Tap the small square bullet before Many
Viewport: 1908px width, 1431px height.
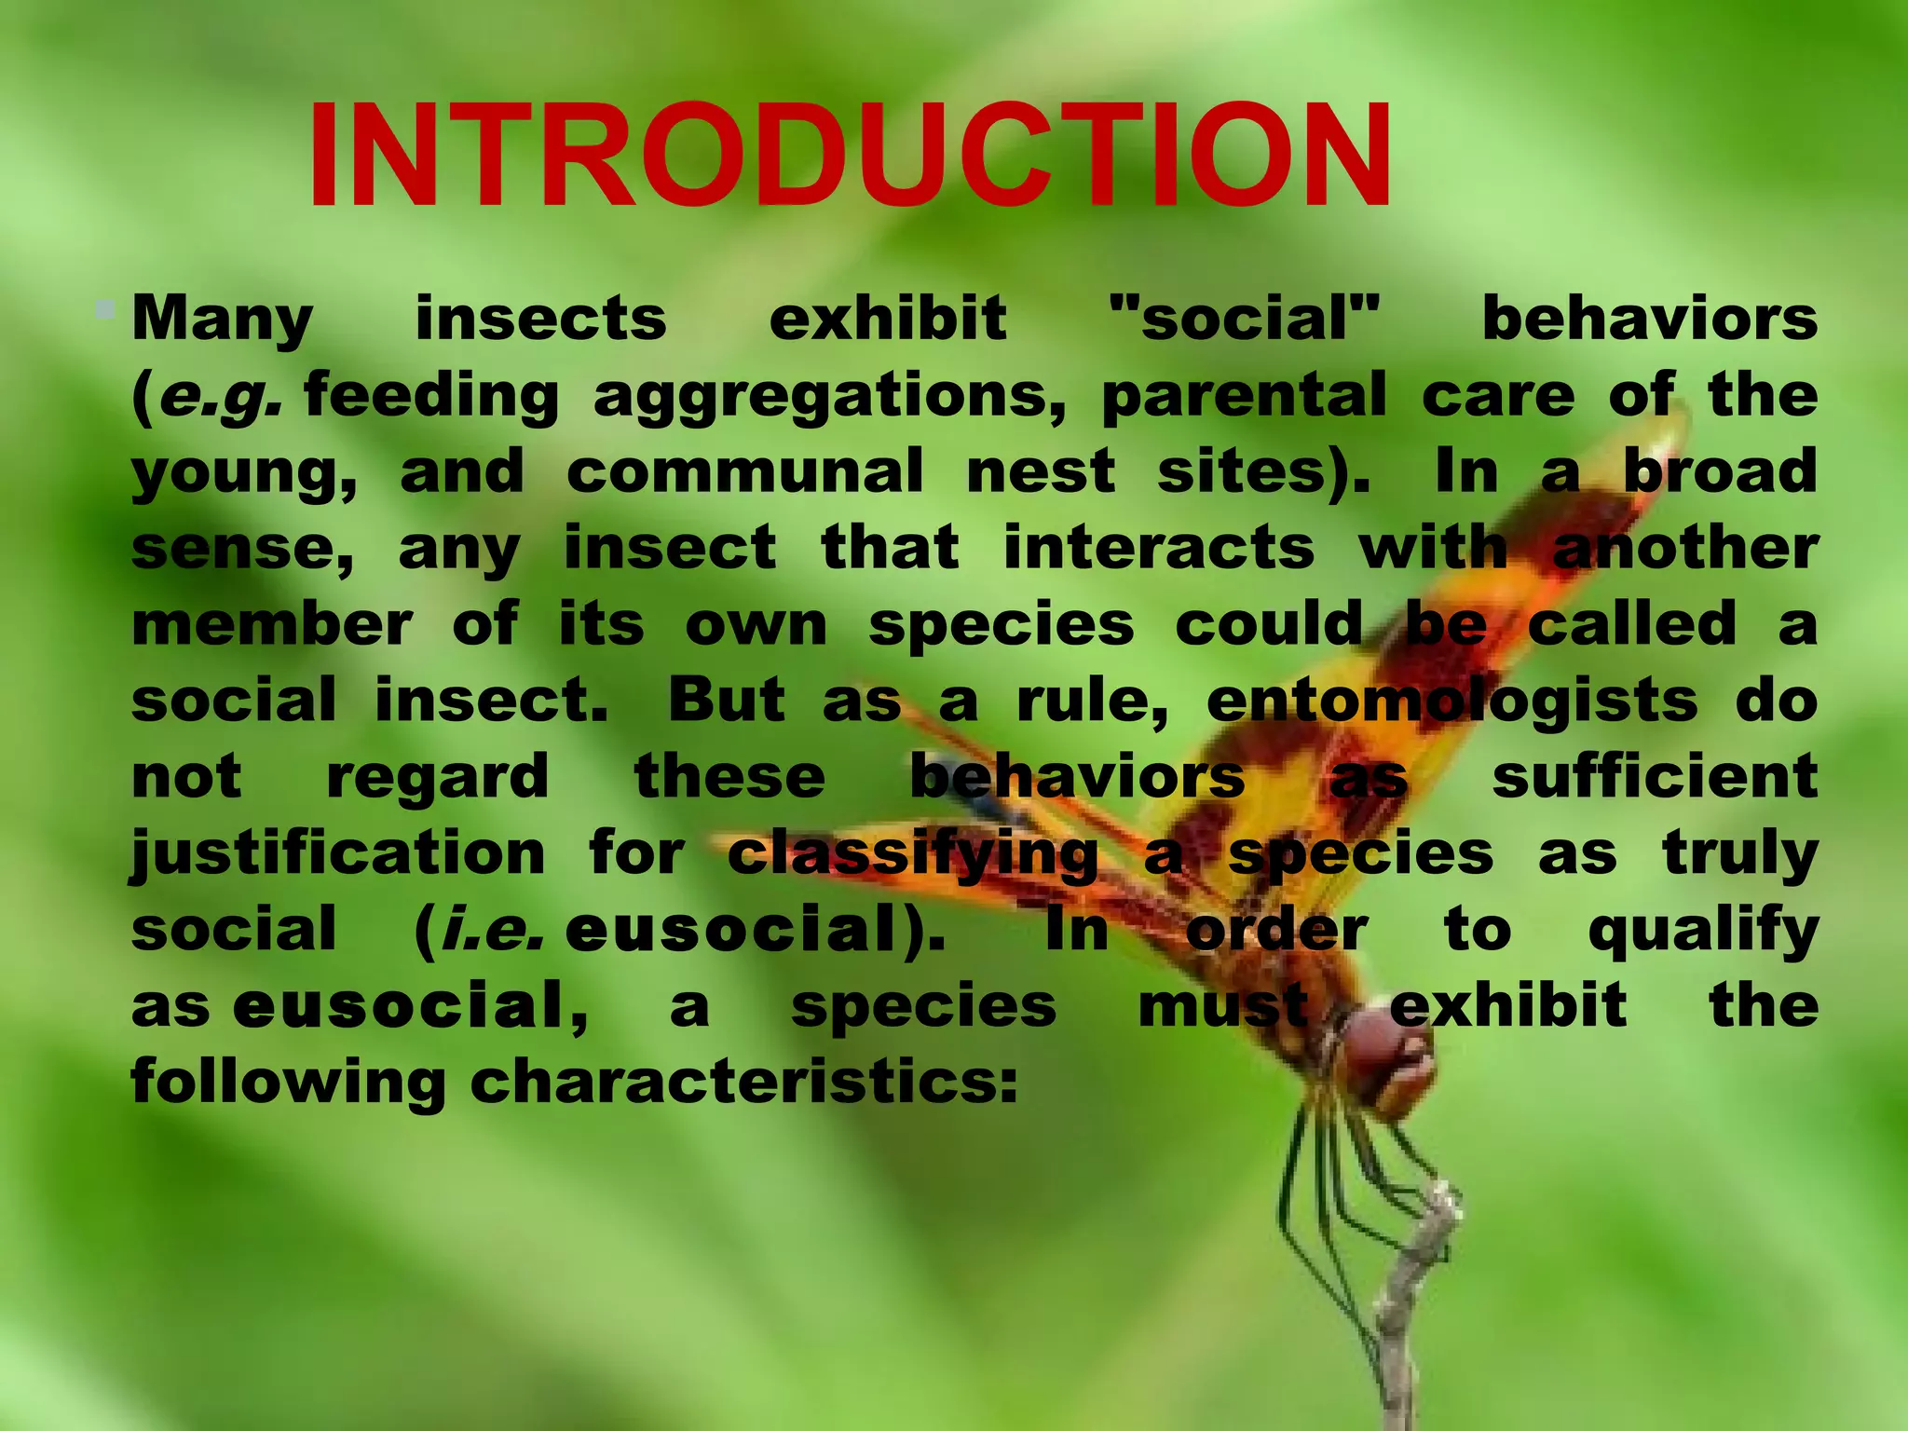pyautogui.click(x=105, y=307)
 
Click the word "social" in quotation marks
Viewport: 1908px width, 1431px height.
pyautogui.click(x=1245, y=318)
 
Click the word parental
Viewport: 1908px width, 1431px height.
pyautogui.click(x=1244, y=394)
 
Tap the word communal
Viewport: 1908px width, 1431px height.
pyautogui.click(x=744, y=470)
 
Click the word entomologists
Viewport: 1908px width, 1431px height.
pyautogui.click(x=1451, y=700)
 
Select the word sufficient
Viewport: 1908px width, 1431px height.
pyautogui.click(x=1655, y=776)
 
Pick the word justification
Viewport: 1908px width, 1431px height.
pyautogui.click(x=337, y=854)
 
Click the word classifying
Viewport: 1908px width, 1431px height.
pyautogui.click(x=912, y=854)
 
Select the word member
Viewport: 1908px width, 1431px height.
pyautogui.click(x=271, y=623)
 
